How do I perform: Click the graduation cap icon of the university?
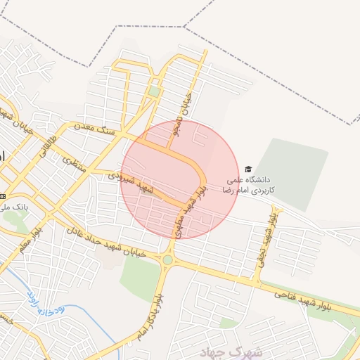(247, 169)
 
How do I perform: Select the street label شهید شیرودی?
(131, 182)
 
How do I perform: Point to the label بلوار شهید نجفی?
(266, 238)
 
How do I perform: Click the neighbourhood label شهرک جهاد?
(219, 351)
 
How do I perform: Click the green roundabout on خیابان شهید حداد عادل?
(167, 260)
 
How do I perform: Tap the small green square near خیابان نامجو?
(154, 91)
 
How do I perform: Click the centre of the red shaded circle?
(180, 179)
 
